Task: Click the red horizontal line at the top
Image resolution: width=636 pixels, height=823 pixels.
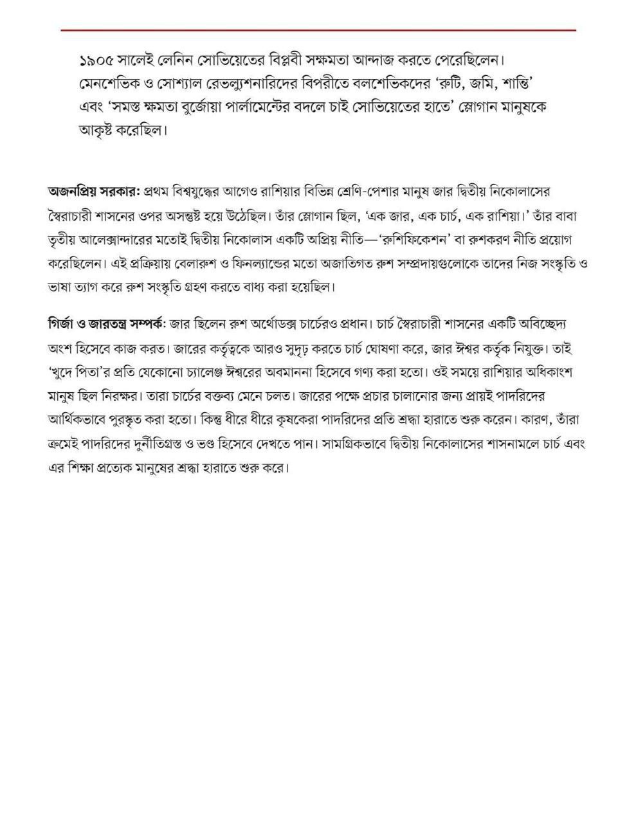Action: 318,30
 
